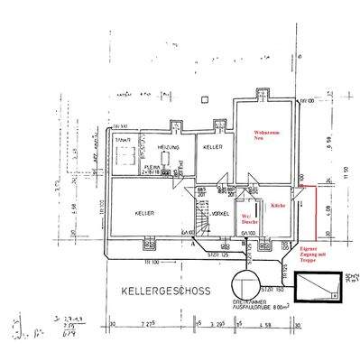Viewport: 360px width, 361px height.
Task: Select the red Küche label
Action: (276, 207)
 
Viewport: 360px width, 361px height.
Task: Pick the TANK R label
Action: (123, 142)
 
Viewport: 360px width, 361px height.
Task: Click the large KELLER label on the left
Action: (145, 213)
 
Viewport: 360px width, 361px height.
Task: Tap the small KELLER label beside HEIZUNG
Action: (213, 146)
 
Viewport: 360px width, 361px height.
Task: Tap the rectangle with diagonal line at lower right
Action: (318, 288)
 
